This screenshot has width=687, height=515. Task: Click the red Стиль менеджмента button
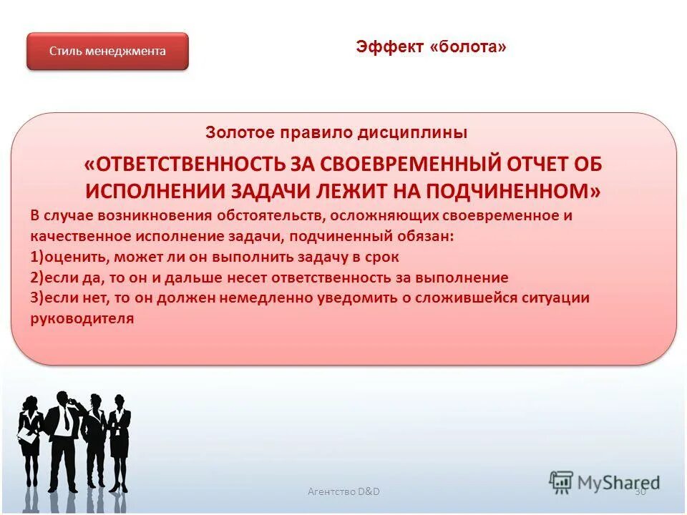point(107,51)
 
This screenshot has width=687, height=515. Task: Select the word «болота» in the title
point(469,47)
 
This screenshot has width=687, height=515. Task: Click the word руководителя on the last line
point(82,319)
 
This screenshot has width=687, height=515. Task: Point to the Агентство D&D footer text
point(343,491)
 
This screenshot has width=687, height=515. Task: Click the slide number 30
point(640,491)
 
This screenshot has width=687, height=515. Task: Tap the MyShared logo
point(605,483)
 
